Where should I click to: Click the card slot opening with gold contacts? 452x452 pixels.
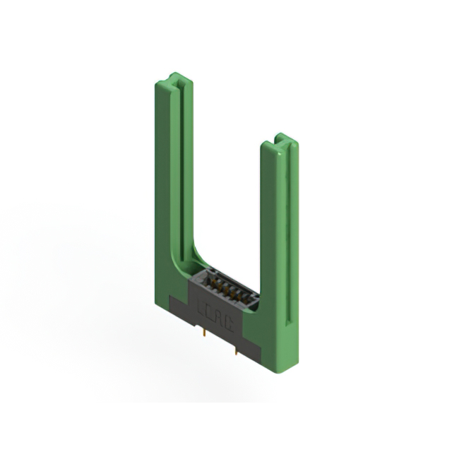click(225, 289)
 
